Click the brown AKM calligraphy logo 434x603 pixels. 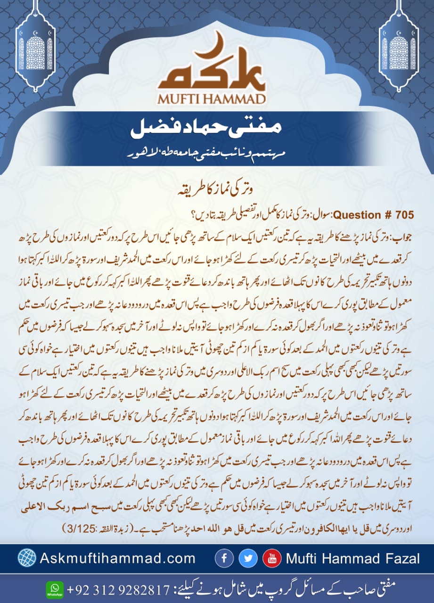tap(216, 73)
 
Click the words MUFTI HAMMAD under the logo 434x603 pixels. tap(216, 99)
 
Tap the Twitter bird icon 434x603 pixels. tap(248, 558)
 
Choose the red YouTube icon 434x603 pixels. tap(272, 558)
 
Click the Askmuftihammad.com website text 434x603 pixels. tap(118, 558)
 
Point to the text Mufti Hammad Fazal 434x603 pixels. tap(352, 559)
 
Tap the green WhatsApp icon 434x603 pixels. tap(54, 589)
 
